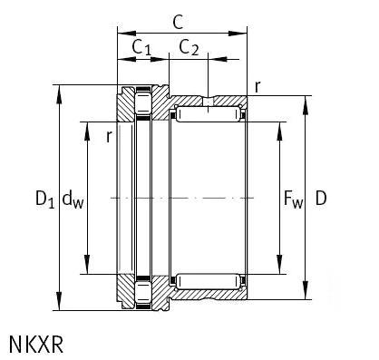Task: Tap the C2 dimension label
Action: [x=189, y=48]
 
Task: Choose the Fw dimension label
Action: [x=294, y=198]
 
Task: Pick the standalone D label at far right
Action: [x=321, y=198]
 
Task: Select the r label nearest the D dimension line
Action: [x=258, y=86]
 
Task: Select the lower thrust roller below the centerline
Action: [x=142, y=292]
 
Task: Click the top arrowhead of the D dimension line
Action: [x=306, y=100]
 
